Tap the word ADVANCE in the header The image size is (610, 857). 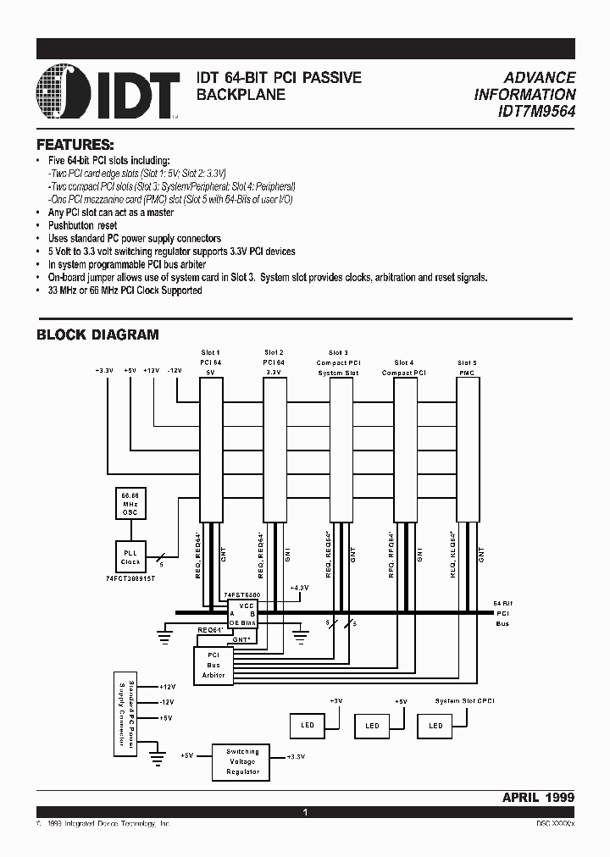pos(541,77)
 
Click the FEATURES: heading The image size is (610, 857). pos(75,144)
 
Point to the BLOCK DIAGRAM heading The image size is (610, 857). pos(97,335)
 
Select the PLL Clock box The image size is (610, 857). pos(130,556)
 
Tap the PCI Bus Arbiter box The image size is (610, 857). pos(214,664)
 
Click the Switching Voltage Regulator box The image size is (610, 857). pos(242,762)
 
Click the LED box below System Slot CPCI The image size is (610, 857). pos(435,726)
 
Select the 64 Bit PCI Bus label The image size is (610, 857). pos(503,613)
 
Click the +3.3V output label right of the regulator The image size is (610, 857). pos(296,756)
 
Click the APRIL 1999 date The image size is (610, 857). pos(538,797)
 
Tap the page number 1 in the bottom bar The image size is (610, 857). pos(305,812)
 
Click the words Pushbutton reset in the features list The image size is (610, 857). pos(82,226)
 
